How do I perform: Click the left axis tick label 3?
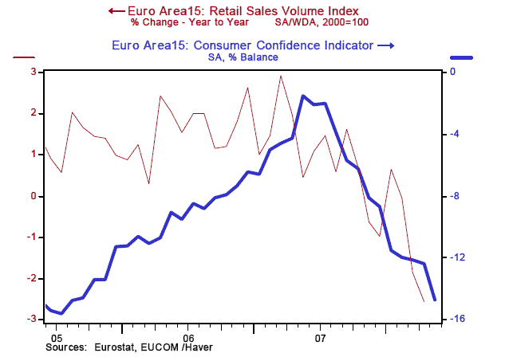[35, 72]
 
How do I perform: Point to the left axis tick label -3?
[33, 320]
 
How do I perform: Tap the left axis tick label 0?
[35, 196]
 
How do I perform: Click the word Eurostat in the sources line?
[114, 347]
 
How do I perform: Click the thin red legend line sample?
[25, 57]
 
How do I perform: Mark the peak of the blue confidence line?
[303, 96]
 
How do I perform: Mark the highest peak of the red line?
[280, 77]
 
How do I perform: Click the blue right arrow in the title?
[386, 46]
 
